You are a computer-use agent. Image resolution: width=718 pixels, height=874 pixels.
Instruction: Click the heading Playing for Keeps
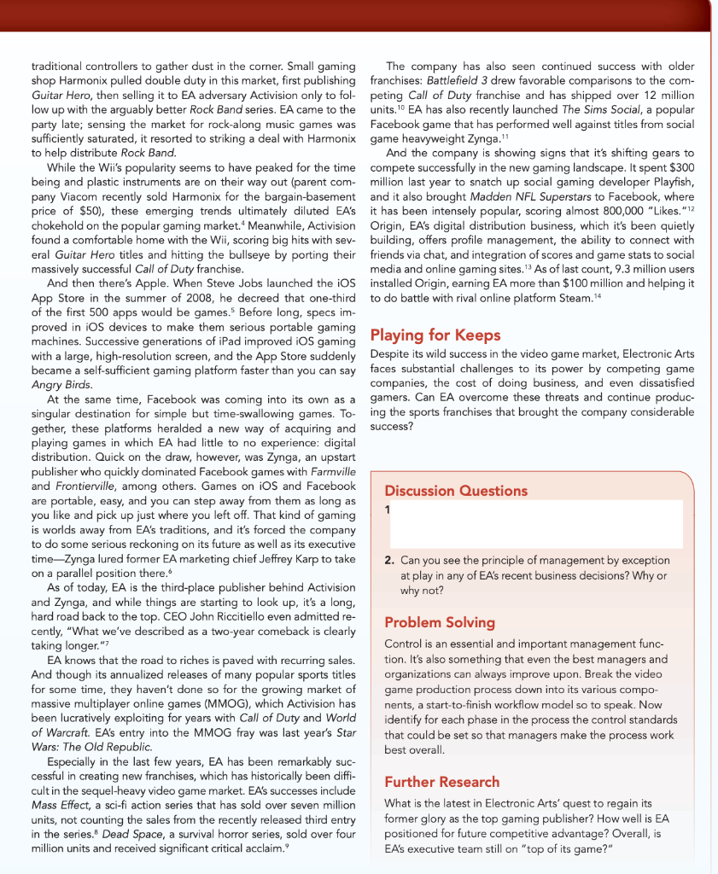click(435, 334)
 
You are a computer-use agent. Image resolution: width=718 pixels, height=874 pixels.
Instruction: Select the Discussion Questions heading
click(456, 491)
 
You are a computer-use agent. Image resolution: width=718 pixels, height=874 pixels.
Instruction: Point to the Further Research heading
click(442, 782)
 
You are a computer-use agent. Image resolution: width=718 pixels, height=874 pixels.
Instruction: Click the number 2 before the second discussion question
click(388, 561)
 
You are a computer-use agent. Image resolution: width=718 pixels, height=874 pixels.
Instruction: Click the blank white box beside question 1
click(536, 523)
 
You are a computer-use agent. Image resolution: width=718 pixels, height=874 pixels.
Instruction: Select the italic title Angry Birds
click(69, 384)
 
